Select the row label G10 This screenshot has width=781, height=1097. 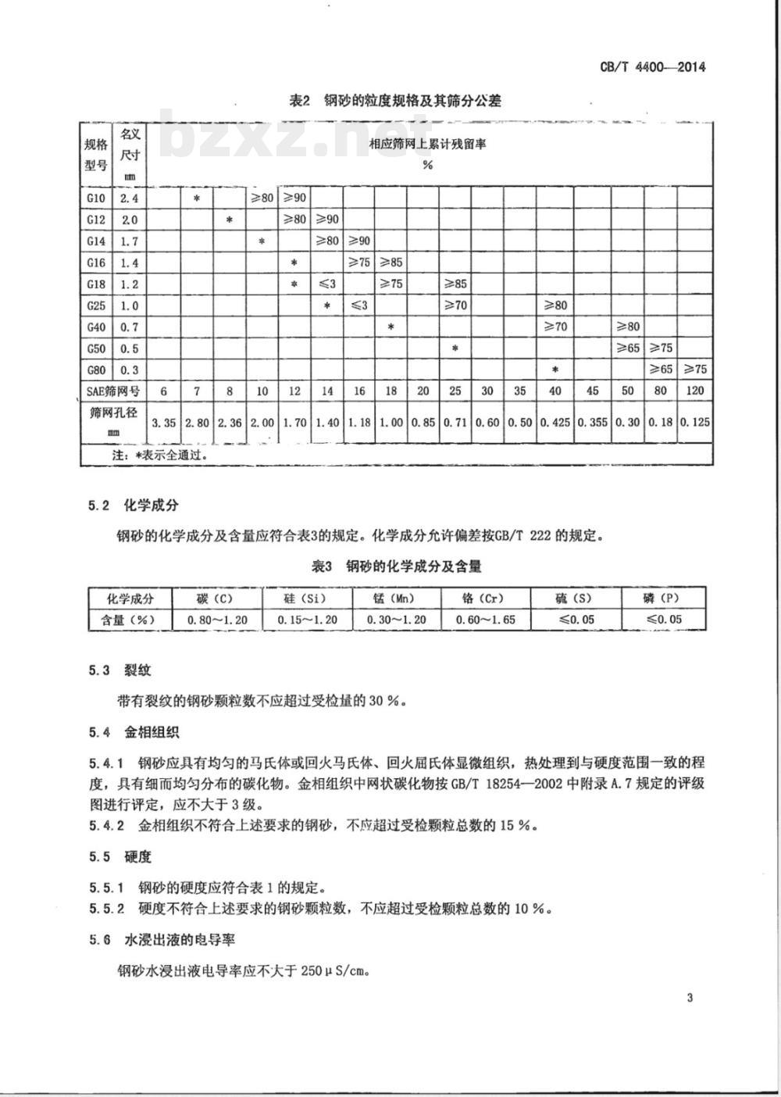(x=97, y=198)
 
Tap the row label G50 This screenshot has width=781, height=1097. (x=97, y=348)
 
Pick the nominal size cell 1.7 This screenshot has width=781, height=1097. (x=129, y=241)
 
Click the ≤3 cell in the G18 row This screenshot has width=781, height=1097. (x=326, y=284)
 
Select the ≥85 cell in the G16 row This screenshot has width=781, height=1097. (x=390, y=263)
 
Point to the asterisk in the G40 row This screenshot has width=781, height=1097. (x=390, y=327)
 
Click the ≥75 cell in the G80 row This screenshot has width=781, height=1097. (x=694, y=369)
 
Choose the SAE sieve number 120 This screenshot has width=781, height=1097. (x=694, y=390)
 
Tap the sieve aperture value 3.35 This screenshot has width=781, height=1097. (x=163, y=422)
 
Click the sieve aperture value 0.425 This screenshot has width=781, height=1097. (x=555, y=422)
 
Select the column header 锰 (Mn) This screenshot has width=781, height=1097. (x=395, y=599)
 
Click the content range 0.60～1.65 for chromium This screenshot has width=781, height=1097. (x=484, y=620)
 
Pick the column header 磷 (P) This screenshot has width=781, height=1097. (x=664, y=599)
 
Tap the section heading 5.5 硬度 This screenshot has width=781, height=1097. (x=119, y=856)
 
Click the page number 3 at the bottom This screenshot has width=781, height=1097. (x=690, y=997)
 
